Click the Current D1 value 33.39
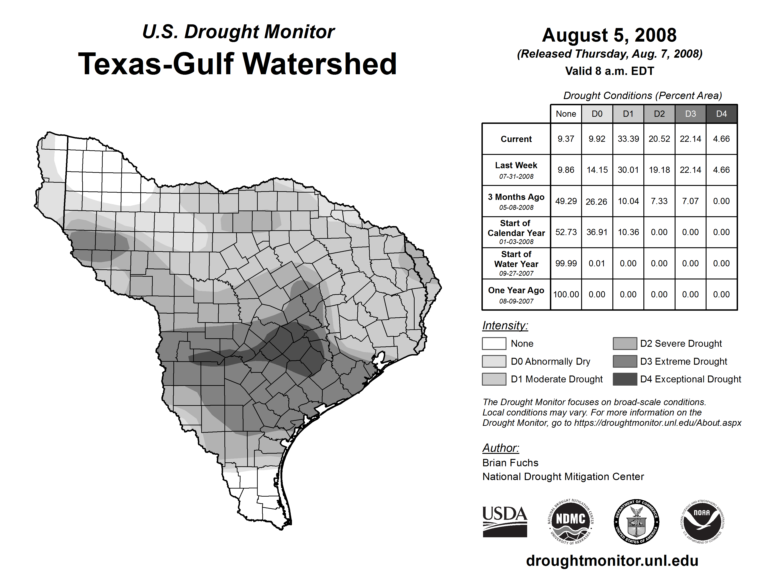click(x=628, y=139)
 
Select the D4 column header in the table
click(x=721, y=114)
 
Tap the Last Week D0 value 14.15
click(x=597, y=170)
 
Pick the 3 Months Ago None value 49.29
click(x=566, y=201)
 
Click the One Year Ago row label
click(x=516, y=294)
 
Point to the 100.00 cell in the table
click(x=566, y=294)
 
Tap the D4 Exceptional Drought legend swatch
click(x=625, y=379)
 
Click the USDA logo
click(x=505, y=521)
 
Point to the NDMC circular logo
click(x=571, y=521)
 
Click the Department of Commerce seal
click(x=636, y=521)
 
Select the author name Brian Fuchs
click(x=510, y=463)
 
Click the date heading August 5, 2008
click(x=609, y=35)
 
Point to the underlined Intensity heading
click(x=505, y=326)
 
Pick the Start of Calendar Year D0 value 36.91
click(x=597, y=232)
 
